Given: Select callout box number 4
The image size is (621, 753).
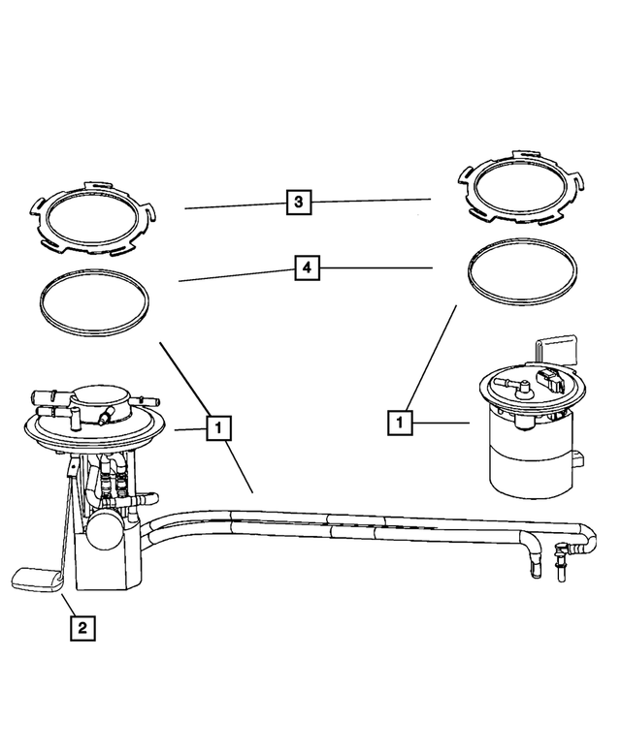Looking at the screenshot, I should [x=306, y=267].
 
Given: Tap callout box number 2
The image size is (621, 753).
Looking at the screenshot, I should [x=82, y=628].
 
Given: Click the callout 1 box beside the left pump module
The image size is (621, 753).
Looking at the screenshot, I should [x=218, y=426].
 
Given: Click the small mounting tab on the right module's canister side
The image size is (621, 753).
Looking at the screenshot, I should [x=580, y=458].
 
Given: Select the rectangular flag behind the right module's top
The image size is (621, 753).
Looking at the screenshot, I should [x=554, y=349].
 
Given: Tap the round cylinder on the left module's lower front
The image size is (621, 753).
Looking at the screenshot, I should [x=107, y=530].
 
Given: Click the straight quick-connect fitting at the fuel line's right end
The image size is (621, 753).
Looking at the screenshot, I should [x=561, y=562].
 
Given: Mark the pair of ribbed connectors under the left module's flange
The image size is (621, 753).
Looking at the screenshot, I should [x=113, y=478].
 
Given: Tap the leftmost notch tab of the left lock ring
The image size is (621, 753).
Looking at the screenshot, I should [x=36, y=205].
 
